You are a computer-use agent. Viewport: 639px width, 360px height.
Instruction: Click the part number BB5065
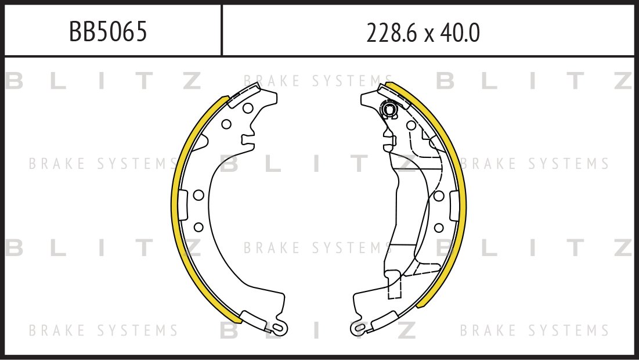[x=108, y=33]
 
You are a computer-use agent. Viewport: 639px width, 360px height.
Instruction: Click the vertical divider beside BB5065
[x=222, y=30]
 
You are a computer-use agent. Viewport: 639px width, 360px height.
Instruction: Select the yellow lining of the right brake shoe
[x=461, y=197]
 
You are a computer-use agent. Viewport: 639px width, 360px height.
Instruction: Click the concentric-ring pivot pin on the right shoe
[x=388, y=108]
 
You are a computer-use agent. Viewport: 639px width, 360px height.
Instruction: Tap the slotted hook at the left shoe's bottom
[x=277, y=328]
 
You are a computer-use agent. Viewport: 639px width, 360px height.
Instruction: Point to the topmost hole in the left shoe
[x=247, y=108]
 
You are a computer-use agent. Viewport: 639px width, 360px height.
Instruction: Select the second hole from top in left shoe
[x=226, y=123]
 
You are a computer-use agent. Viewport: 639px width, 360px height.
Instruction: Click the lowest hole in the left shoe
[x=197, y=226]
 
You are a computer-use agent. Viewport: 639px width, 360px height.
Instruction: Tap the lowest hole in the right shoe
[x=439, y=226]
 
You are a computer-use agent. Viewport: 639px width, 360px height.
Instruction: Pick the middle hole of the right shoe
[x=439, y=196]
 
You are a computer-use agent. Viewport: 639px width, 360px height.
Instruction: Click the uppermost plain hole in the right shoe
[x=411, y=125]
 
